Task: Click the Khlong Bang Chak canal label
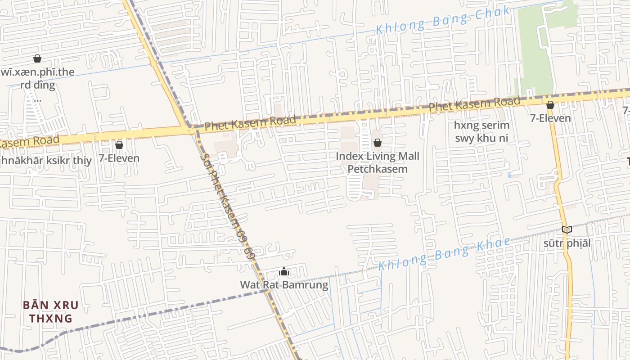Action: tap(443, 20)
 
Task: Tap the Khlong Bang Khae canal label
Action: tap(445, 254)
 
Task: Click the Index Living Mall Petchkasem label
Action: tap(378, 162)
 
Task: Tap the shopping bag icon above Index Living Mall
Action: tap(378, 143)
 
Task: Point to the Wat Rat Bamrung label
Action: tap(284, 285)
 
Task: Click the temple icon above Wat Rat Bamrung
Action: tap(284, 271)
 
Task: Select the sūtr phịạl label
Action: tap(567, 243)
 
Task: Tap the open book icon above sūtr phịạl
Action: tap(567, 230)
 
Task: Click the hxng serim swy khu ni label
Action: tap(481, 131)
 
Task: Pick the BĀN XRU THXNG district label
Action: tap(50, 311)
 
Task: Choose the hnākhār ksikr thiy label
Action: tap(45, 160)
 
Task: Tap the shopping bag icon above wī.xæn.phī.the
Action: tap(37, 58)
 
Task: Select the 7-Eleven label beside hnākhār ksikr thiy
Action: tap(119, 158)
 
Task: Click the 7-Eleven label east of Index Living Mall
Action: tap(550, 118)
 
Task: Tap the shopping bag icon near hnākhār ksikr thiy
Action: tap(119, 145)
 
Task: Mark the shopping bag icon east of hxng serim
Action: tap(550, 105)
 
